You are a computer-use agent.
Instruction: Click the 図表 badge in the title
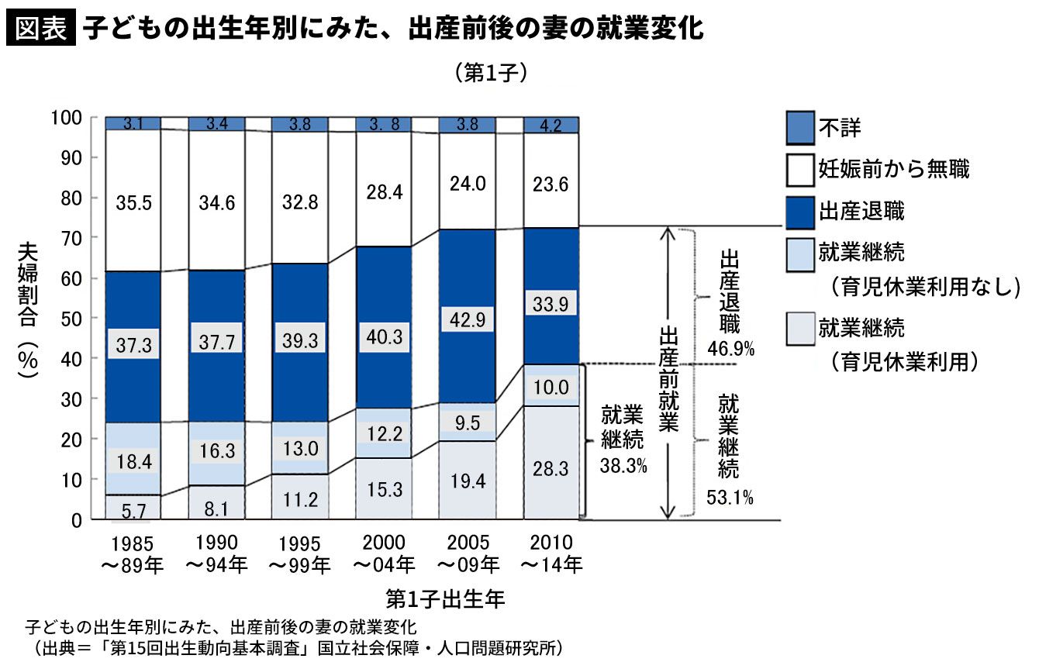[40, 29]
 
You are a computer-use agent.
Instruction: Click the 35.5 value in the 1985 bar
[133, 204]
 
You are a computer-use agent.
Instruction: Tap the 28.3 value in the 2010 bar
[551, 470]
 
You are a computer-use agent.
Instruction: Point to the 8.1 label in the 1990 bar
[216, 508]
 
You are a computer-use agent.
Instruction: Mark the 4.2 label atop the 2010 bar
[551, 125]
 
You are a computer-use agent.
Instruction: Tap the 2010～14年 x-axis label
[551, 553]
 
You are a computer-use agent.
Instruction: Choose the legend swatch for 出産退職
[799, 211]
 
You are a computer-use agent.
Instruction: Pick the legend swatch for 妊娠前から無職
[799, 170]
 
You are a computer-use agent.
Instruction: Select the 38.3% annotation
[621, 467]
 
